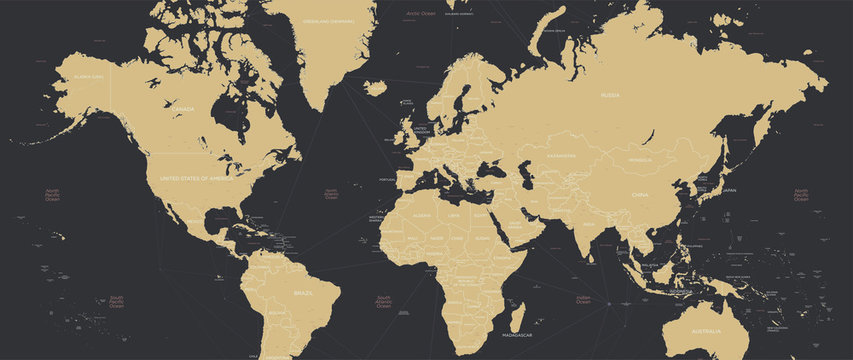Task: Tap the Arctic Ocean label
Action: click(421, 14)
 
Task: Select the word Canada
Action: click(182, 108)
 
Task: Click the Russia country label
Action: click(610, 96)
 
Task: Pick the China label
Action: click(639, 195)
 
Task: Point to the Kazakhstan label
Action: click(561, 156)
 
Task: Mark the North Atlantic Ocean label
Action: click(330, 193)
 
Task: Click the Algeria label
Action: click(422, 214)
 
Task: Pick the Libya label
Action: click(454, 215)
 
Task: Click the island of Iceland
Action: click(375, 88)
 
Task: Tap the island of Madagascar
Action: click(514, 312)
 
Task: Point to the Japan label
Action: click(729, 189)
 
